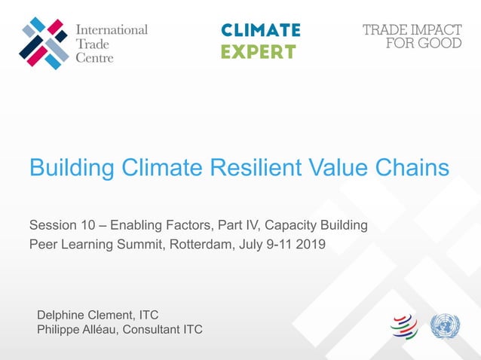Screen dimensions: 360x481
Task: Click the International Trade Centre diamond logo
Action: (44, 44)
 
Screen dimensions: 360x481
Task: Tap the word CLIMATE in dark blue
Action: (261, 30)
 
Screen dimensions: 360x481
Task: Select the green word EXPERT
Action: (258, 52)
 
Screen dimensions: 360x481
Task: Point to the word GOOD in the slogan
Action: (441, 43)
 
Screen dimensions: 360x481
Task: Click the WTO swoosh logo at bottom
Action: (403, 326)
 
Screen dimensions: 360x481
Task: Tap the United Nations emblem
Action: (445, 326)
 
